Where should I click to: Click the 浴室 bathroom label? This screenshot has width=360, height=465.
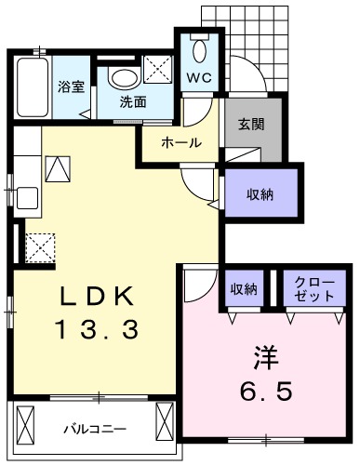pos(70,86)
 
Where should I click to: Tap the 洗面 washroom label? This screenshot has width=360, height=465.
pos(131,102)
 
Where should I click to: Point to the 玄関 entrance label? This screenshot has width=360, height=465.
pos(250,125)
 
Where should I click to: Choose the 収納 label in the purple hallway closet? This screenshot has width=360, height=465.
pos(260,195)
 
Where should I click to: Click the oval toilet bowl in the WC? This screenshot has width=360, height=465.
pos(198,49)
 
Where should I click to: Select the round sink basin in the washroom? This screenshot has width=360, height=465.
pos(125,76)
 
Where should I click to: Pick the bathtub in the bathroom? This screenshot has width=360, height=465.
pos(33,88)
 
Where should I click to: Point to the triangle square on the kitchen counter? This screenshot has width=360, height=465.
pos(58,169)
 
